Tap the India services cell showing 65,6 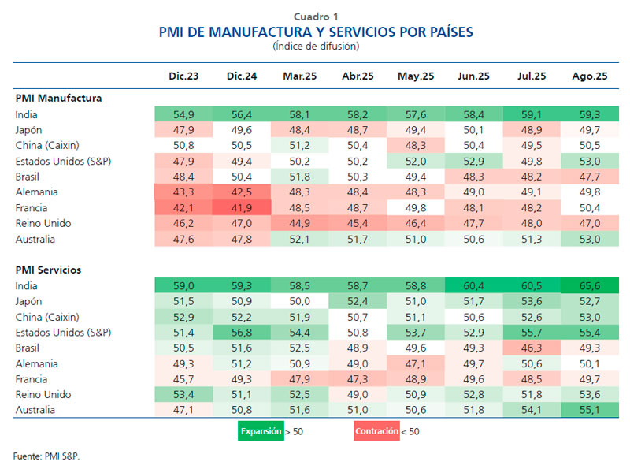click(590, 286)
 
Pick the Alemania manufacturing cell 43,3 click(183, 192)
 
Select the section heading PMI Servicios click(49, 270)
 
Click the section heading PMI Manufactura click(58, 99)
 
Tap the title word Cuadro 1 click(316, 17)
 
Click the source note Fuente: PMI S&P click(46, 456)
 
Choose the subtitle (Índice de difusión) click(316, 47)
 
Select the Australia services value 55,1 click(590, 409)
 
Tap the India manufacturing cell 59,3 click(590, 114)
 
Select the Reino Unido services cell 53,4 click(183, 394)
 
